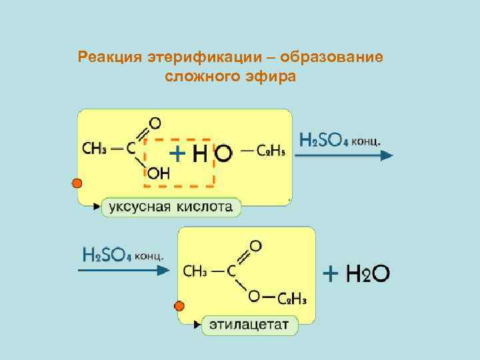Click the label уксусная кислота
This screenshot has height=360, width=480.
click(x=171, y=207)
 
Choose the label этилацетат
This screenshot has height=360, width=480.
click(x=249, y=325)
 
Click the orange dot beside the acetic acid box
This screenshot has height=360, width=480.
click(x=77, y=183)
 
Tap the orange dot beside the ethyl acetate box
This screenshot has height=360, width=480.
click(x=179, y=307)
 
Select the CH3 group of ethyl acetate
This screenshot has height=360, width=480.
click(x=197, y=271)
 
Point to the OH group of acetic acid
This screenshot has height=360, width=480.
click(x=159, y=174)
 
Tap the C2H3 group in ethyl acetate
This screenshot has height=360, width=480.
click(x=291, y=297)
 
